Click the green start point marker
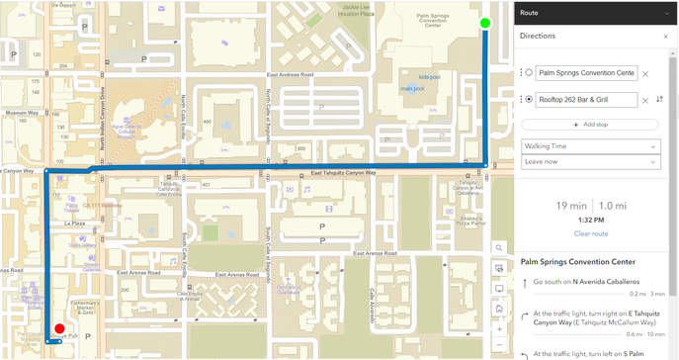coord(484,23)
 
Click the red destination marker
coord(59,329)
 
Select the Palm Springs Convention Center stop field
coord(586,73)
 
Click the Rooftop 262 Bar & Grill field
coord(586,99)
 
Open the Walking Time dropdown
coord(589,146)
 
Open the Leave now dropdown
coord(589,161)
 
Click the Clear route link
coord(590,233)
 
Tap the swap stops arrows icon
coord(659,99)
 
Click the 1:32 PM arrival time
coord(590,221)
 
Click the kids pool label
coord(429,76)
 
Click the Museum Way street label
coord(20,114)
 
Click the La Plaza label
coord(75,224)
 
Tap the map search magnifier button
coord(500,248)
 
